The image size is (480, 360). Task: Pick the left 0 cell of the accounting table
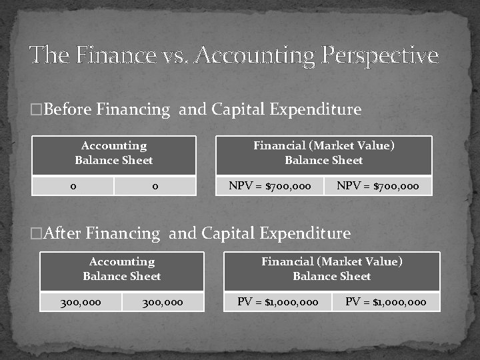73,186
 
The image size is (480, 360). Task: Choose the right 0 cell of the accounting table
155,186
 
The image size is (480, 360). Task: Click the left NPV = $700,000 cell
270,186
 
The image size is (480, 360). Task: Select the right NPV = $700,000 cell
378,186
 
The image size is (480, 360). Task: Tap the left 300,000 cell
81,302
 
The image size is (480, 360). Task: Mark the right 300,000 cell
163,302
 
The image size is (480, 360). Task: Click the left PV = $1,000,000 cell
278,302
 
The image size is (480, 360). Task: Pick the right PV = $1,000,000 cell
386,302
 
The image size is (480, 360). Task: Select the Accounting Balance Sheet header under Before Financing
114,153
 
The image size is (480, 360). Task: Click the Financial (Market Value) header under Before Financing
324,153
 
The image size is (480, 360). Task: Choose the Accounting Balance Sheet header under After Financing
122,269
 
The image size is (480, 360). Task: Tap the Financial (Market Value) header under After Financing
332,269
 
